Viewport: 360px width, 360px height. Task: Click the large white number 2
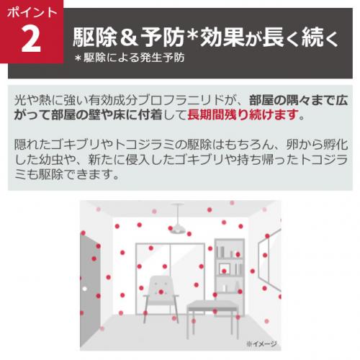(31, 39)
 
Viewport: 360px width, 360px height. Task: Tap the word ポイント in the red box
(32, 12)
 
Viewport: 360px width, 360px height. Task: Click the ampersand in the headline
(128, 37)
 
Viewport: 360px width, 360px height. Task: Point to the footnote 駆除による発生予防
(134, 58)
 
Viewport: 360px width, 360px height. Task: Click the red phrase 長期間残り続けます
(243, 114)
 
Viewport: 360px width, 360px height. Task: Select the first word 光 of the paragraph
(20, 100)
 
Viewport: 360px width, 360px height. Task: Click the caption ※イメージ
(261, 343)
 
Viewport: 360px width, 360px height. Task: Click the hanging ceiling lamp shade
(177, 228)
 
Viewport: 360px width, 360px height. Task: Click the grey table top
(212, 305)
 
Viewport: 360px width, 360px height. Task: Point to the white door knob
(84, 289)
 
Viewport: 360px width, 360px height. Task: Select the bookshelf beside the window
(229, 276)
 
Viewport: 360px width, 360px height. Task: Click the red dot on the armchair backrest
(161, 292)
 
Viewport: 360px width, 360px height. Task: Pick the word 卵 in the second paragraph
(292, 145)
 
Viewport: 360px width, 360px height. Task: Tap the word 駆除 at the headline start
(94, 37)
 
